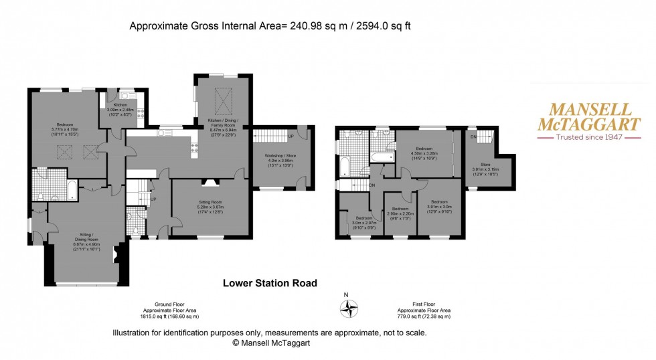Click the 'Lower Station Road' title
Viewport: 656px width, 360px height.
270,283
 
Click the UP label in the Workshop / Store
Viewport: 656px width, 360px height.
290,136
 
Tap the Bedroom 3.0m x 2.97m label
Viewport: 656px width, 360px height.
364,221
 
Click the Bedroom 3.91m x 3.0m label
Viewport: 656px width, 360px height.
439,205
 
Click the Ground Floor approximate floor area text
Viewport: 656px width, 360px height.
169,313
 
